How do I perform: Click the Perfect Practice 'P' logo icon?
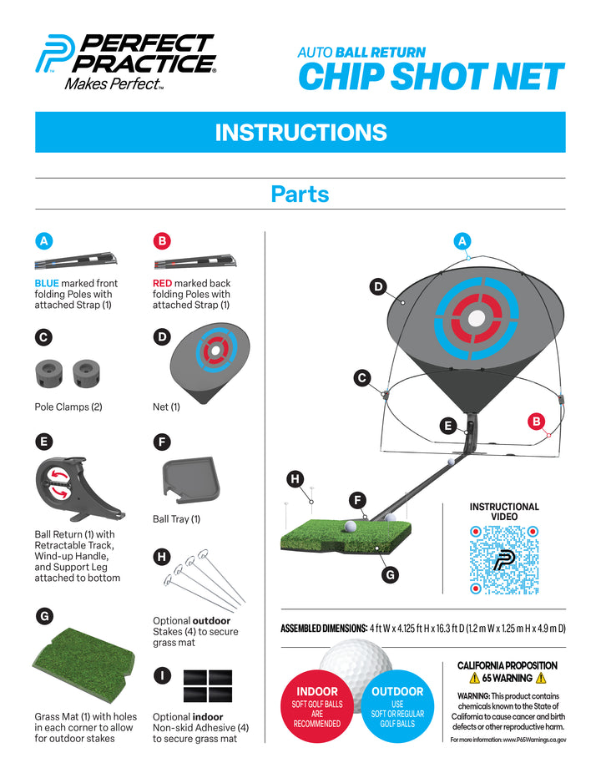(x=54, y=53)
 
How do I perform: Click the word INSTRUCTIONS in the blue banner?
(x=300, y=133)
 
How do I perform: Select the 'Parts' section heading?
(x=300, y=194)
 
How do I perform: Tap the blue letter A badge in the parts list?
(x=44, y=241)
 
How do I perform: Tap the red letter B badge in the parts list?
(x=162, y=241)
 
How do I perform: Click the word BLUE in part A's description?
(x=47, y=283)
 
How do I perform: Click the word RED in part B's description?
(x=162, y=283)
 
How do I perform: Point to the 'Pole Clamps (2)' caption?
(x=68, y=407)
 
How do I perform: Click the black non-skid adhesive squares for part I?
(x=208, y=685)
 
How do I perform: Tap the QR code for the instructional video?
(x=504, y=559)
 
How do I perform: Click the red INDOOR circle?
(x=317, y=706)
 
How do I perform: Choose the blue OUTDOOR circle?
(x=397, y=706)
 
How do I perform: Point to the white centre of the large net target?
(x=477, y=318)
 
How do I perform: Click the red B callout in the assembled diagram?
(x=536, y=422)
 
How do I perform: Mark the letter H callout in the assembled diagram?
(x=295, y=479)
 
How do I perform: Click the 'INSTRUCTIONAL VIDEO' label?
(x=504, y=512)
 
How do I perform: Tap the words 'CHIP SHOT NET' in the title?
(x=432, y=77)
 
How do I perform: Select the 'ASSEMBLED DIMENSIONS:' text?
(x=324, y=629)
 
